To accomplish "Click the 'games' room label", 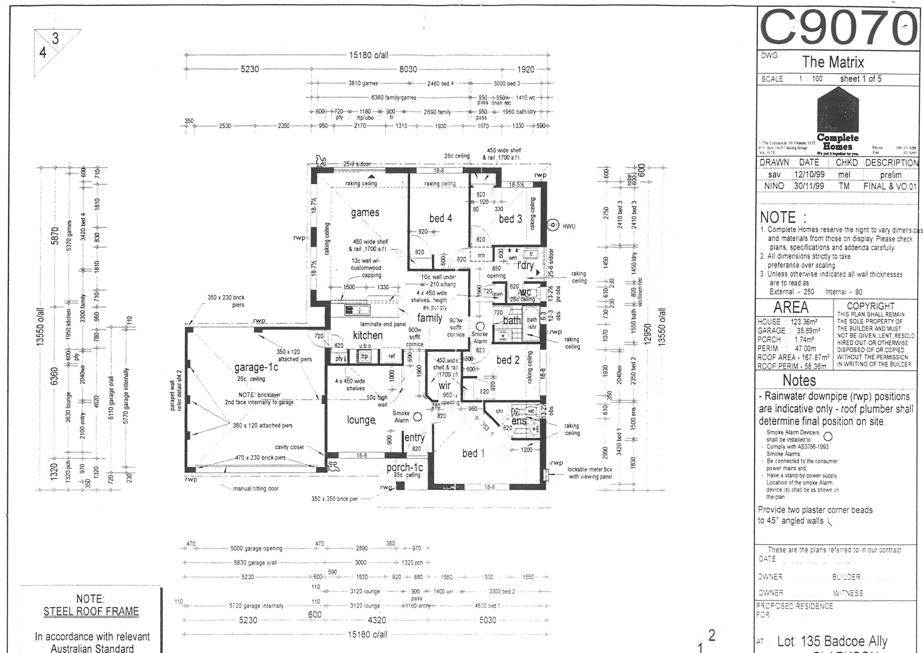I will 365,212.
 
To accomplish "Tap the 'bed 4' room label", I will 440,218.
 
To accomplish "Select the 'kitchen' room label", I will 367,335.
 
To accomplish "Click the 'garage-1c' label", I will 256,367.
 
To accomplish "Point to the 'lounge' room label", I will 361,420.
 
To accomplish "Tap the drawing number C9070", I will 838,28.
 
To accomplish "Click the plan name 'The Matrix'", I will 833,62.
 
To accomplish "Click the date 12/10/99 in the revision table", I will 808,174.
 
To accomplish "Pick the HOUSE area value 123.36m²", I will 804,322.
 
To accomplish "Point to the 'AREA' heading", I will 791,307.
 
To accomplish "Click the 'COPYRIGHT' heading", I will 870,307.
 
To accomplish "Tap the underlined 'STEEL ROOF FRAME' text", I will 91,611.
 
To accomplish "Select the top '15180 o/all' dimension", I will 368,55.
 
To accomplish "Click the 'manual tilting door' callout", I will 256,488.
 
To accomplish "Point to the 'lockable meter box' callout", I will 590,469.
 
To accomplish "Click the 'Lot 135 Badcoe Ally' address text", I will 832,641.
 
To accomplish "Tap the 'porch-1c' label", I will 405,467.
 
